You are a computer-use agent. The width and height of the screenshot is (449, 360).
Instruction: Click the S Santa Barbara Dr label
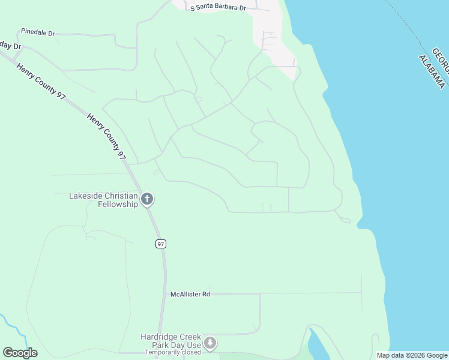[x=218, y=8]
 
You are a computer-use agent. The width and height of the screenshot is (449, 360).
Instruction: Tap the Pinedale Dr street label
[x=37, y=31]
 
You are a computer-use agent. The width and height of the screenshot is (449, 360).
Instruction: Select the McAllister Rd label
[x=190, y=295]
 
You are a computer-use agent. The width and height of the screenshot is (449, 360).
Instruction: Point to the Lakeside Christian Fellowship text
[x=104, y=200]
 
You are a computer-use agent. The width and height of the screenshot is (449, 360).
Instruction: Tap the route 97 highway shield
[x=160, y=244]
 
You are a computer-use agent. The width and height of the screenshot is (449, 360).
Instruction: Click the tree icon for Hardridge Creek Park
[x=209, y=343]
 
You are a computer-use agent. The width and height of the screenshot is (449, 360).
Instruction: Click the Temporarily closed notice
[x=172, y=353]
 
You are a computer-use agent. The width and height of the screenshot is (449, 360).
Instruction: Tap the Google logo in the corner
[x=20, y=353]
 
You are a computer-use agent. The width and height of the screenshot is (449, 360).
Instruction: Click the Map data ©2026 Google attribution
[x=412, y=355]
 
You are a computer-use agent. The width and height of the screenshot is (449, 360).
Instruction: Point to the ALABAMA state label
[x=432, y=71]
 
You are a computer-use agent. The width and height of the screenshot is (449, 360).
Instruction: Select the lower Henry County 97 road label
[x=106, y=136]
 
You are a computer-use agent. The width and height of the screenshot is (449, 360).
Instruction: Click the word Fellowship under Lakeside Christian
[x=118, y=204]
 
